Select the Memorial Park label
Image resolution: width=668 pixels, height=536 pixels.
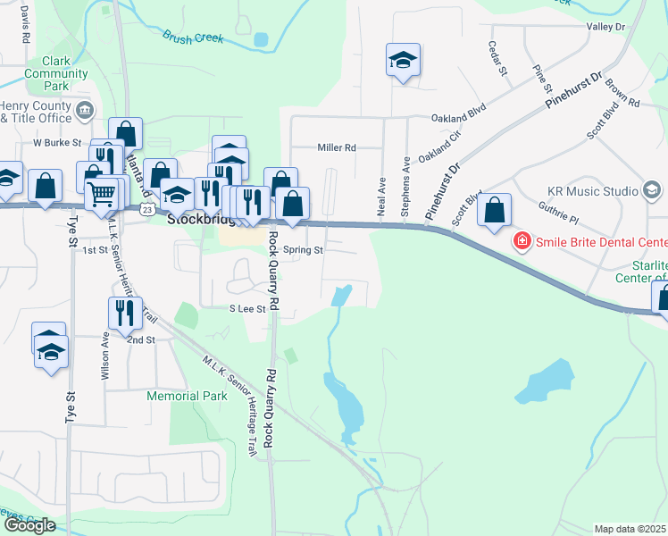(x=188, y=395)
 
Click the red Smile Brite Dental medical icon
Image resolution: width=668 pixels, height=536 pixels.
(x=520, y=241)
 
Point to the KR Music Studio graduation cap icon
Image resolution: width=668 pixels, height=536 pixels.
(x=652, y=190)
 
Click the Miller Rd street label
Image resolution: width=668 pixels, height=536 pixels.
(x=337, y=147)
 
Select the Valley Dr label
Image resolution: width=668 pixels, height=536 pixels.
(x=605, y=28)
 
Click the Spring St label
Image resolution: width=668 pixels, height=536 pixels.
(x=303, y=250)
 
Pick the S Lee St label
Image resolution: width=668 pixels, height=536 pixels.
(x=247, y=309)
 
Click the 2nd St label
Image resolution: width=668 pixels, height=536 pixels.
(x=140, y=340)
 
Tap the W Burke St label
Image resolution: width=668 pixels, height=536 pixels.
(x=57, y=142)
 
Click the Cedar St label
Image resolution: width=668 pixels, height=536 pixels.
(x=497, y=58)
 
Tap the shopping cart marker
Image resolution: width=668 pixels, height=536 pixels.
(x=103, y=192)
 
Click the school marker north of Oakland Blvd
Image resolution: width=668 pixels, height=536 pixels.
(x=403, y=61)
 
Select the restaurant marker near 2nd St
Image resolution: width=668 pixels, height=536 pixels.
(x=122, y=312)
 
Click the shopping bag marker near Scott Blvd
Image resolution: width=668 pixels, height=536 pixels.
(x=494, y=211)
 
